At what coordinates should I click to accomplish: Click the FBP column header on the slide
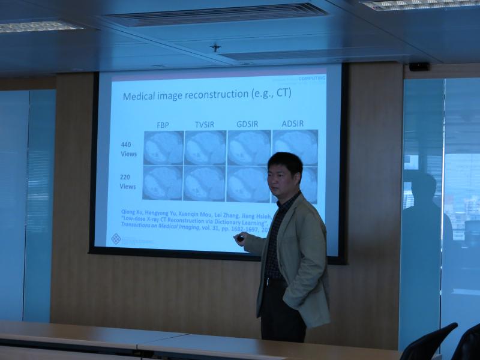163,124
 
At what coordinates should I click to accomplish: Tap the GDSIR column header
247,124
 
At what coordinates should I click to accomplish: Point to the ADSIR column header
292,124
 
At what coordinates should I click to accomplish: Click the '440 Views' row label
127,149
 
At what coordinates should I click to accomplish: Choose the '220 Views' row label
127,182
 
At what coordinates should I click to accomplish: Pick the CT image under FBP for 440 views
163,148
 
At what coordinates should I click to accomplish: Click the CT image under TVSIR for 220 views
205,183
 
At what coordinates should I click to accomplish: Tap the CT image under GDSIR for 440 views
248,148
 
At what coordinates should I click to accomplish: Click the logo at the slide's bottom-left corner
116,239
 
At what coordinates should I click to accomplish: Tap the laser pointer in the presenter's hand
240,238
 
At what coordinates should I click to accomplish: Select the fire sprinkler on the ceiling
215,47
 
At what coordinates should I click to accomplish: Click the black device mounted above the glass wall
419,67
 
